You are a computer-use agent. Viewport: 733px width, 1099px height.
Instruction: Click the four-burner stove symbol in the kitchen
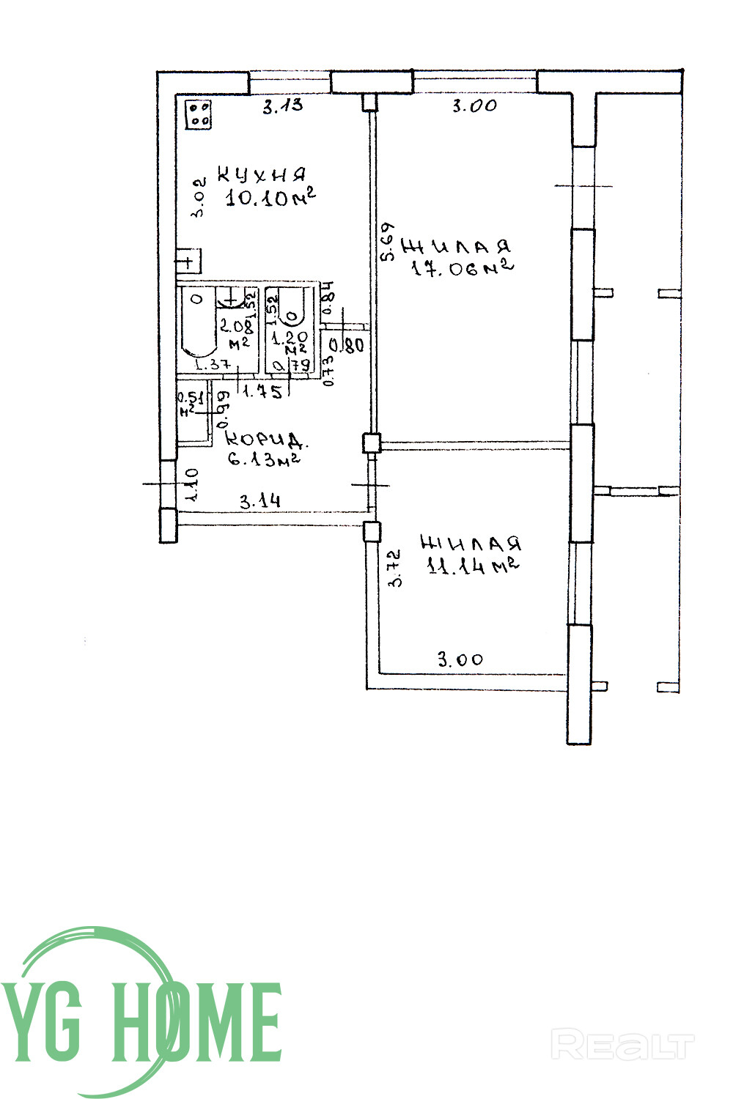click(199, 114)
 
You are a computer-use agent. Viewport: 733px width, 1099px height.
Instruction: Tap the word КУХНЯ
click(262, 175)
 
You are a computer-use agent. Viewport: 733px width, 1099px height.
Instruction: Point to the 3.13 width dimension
click(283, 106)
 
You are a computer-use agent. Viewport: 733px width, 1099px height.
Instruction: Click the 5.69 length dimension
click(388, 241)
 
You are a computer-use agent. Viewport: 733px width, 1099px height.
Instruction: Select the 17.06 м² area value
click(462, 269)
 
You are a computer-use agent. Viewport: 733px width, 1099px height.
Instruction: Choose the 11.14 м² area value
click(474, 566)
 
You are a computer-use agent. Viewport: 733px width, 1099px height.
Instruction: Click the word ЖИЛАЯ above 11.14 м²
click(471, 544)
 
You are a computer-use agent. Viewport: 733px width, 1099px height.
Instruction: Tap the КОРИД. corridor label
click(265, 440)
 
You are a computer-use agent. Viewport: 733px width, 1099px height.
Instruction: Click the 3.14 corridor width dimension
click(260, 502)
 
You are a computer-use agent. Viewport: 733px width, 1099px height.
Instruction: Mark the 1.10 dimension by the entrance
click(192, 484)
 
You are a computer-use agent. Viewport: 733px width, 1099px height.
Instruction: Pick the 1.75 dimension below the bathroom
click(262, 392)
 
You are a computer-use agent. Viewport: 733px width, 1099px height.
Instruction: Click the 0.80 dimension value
click(347, 344)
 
